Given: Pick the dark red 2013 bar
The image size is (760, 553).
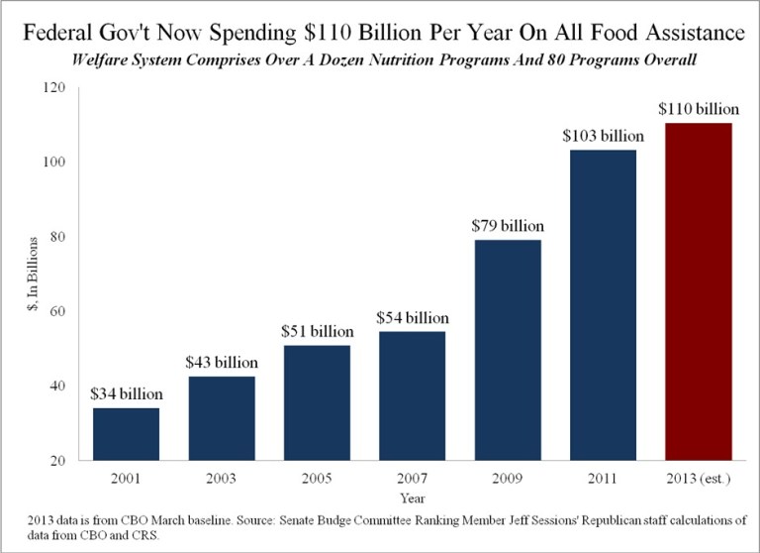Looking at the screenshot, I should [x=697, y=291].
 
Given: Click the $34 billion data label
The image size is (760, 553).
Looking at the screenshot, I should [x=127, y=393].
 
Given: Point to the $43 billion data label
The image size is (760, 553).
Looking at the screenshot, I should [x=222, y=362].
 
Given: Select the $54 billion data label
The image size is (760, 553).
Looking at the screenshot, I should [x=412, y=317].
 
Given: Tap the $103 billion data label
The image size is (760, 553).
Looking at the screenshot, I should [x=602, y=135].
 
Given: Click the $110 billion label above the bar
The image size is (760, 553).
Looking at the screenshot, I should [x=697, y=108].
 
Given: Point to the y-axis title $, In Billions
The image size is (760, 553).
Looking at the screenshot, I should [x=36, y=275].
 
